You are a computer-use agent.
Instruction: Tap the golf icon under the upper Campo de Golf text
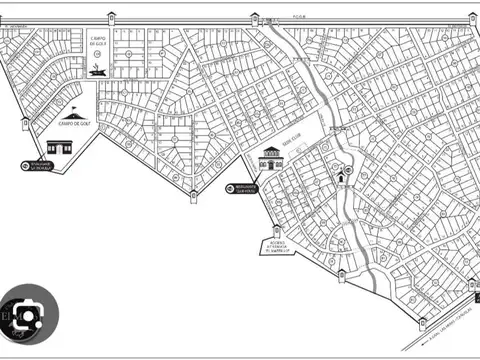(x=96, y=69)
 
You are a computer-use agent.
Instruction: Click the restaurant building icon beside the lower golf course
(x=61, y=147)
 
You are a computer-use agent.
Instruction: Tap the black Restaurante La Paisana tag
(x=43, y=167)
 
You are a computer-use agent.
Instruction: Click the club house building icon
(x=269, y=157)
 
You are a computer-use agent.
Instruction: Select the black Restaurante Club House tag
(x=241, y=188)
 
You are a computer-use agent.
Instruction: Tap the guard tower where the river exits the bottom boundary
(x=342, y=271)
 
